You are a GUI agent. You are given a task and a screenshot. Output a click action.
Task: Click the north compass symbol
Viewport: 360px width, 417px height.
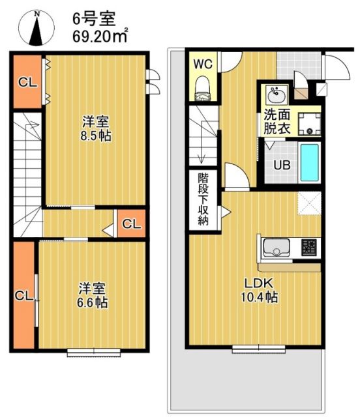point(37,29)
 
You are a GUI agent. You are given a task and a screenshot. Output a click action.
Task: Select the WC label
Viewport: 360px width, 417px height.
point(202,64)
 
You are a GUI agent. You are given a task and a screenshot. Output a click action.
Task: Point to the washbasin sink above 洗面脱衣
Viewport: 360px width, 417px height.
point(276,96)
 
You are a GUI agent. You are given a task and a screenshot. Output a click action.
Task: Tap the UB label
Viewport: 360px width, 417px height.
point(281,165)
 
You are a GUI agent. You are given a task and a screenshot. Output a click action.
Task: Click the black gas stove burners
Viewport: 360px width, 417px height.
point(309,248)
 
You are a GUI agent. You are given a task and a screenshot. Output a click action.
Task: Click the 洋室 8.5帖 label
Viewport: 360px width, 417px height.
point(95,129)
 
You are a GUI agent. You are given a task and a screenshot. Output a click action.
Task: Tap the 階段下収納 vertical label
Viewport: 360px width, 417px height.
point(204,198)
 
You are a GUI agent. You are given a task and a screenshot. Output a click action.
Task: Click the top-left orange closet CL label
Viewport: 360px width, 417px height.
point(27,82)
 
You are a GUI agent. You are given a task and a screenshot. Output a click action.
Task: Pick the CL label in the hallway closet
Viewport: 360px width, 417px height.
point(132,225)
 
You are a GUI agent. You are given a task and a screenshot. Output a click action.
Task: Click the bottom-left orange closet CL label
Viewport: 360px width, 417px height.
point(23,295)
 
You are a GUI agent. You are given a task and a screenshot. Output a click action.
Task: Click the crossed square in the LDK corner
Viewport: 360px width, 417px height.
point(308,203)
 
